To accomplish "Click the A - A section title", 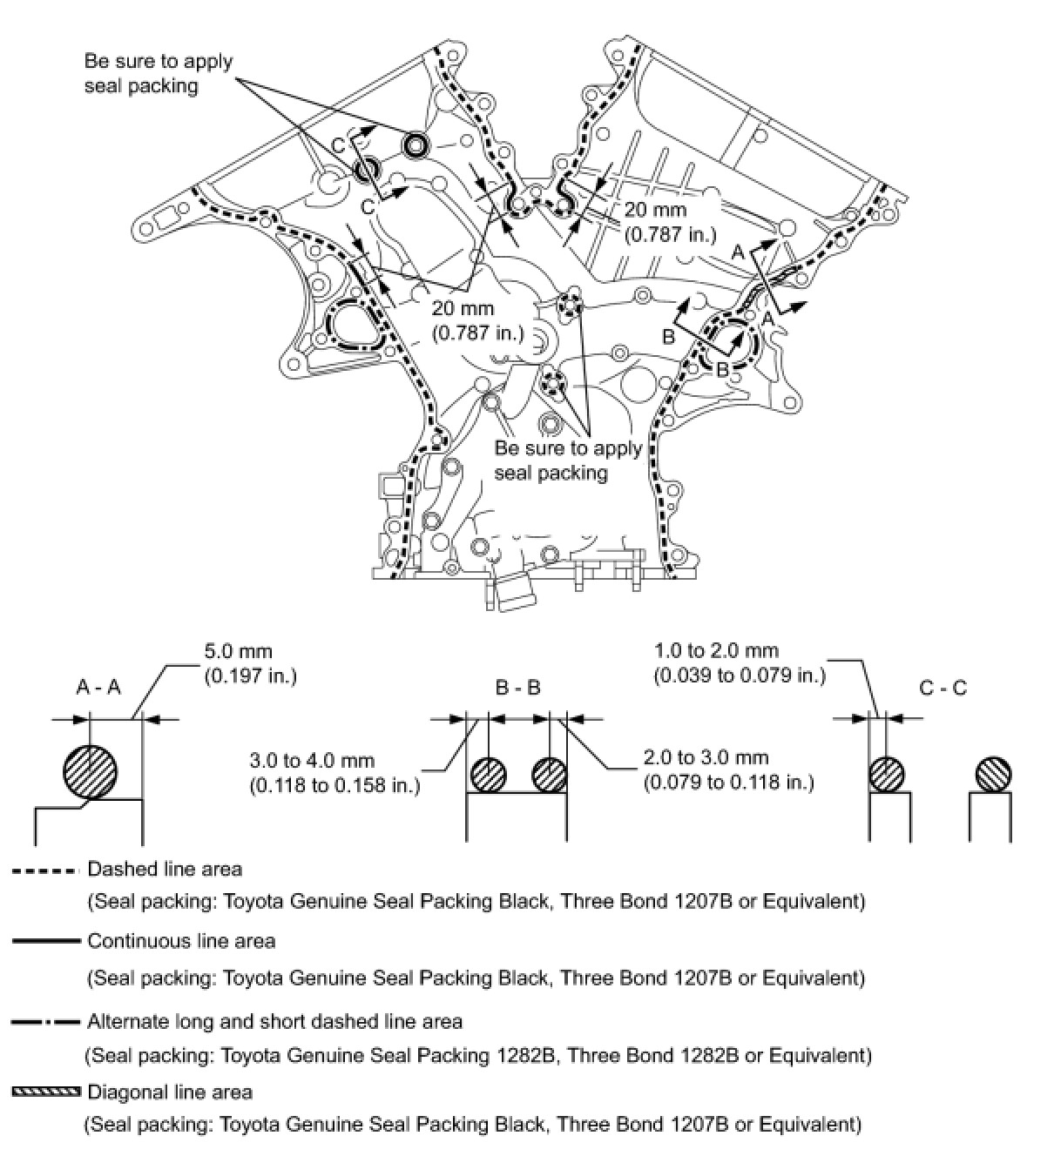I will [98, 688].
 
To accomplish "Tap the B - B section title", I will [517, 688].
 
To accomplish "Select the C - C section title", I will [943, 688].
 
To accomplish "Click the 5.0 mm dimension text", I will [238, 651].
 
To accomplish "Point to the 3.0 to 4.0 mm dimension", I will [334, 758].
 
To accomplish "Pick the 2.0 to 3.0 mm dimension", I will [706, 757].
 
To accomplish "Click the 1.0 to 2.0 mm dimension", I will [716, 650].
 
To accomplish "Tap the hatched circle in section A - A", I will [91, 770].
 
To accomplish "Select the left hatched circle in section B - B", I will [489, 774].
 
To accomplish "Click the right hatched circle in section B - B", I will [551, 774].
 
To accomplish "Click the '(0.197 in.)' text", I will [250, 675].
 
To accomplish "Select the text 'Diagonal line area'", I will [170, 1092].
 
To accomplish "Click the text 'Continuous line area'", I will [181, 941].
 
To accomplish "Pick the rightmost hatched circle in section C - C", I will [994, 774].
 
